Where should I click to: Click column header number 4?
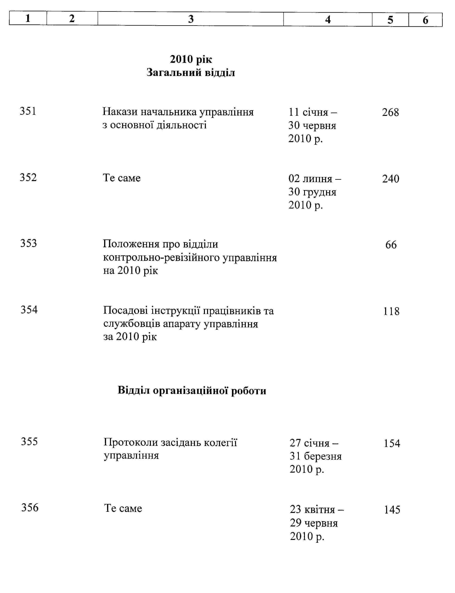328,20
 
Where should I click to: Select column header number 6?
425,20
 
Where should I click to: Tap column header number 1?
28,18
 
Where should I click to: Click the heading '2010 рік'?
191,59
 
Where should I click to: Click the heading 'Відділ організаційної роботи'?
192,391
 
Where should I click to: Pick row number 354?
29,310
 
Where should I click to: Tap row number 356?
30,508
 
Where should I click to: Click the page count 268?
390,112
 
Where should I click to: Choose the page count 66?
391,245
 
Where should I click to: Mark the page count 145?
392,510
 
